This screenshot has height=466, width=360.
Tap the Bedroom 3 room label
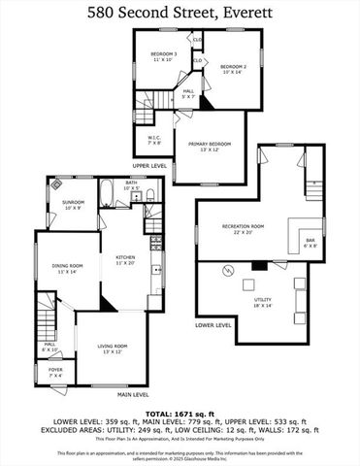162,56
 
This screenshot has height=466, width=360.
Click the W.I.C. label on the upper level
153,140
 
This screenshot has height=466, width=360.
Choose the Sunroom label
74,205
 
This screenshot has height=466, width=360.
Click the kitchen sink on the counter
157,264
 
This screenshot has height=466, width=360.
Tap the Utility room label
263,303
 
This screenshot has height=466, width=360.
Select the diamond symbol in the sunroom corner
58,183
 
